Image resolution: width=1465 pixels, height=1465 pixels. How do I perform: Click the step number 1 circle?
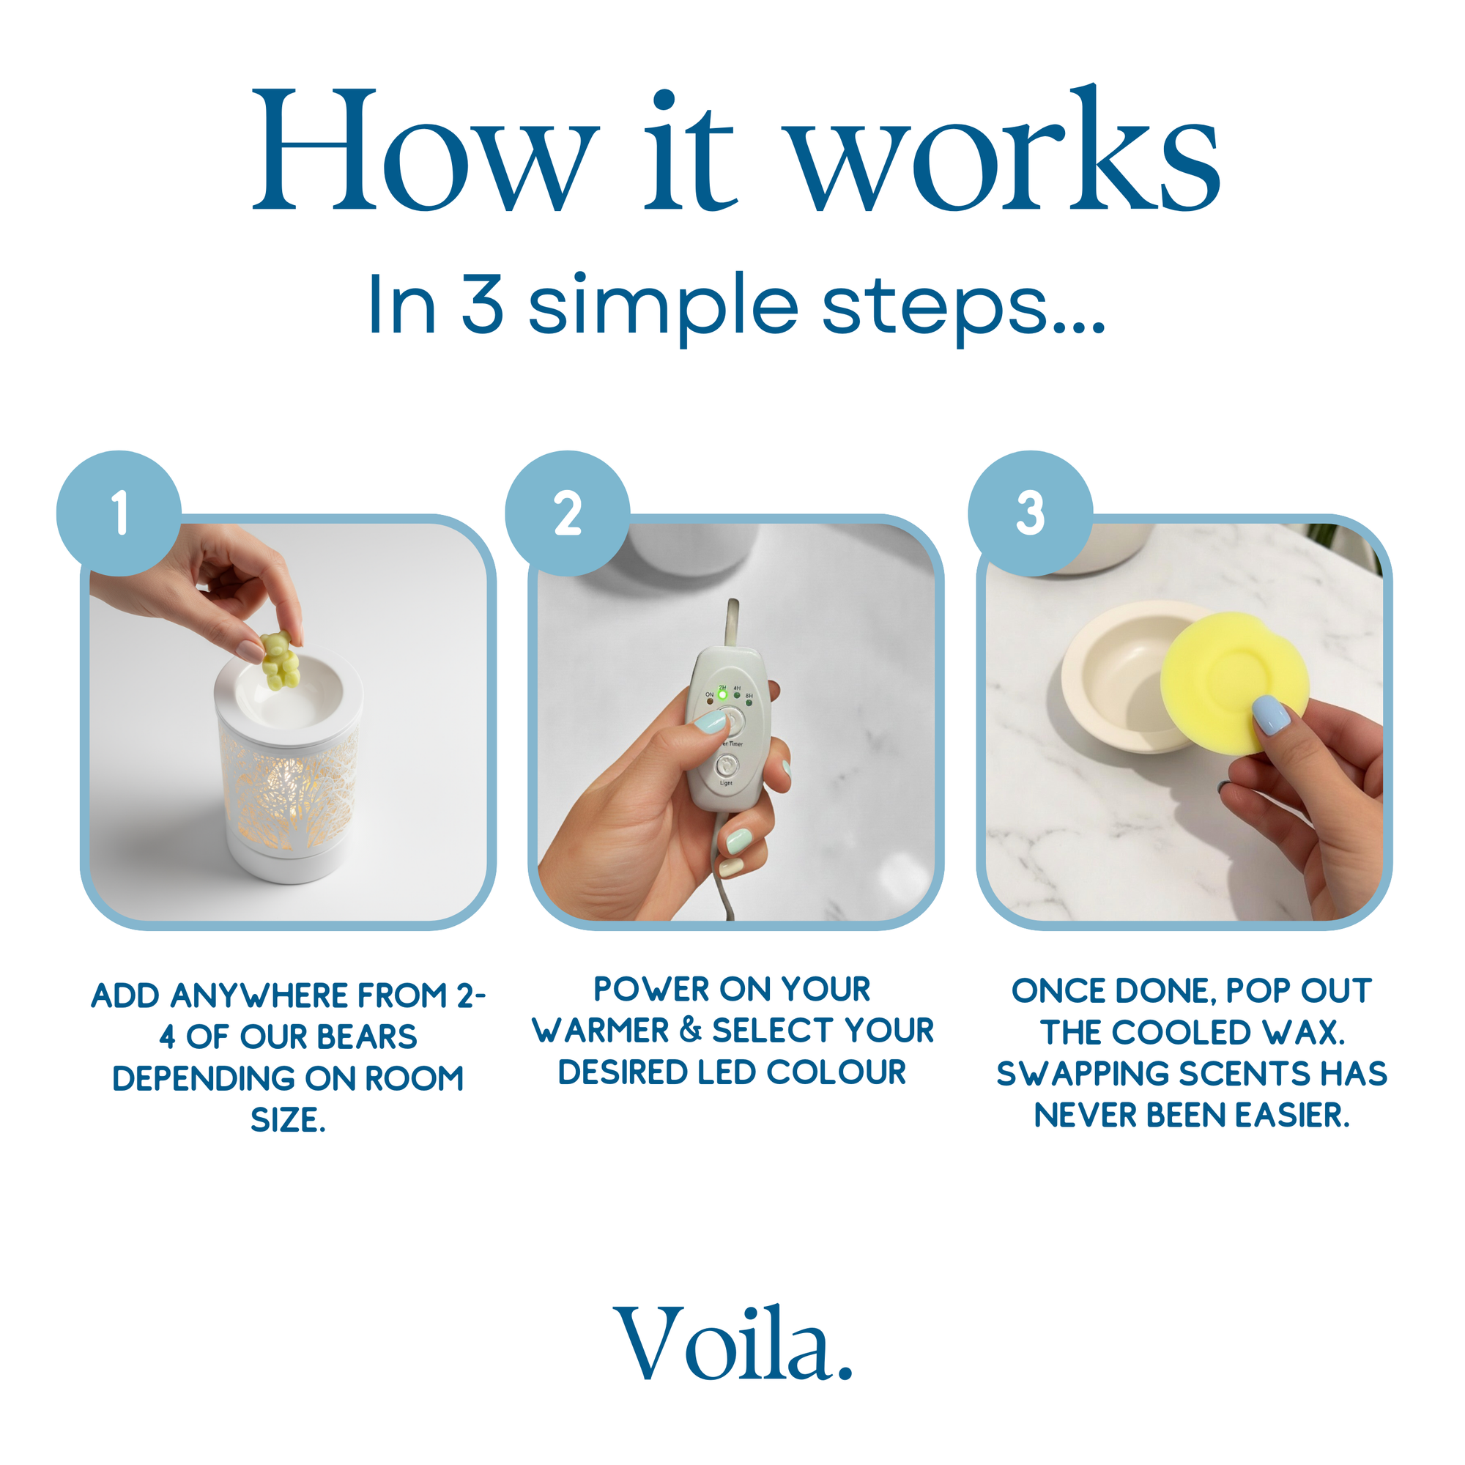tap(119, 513)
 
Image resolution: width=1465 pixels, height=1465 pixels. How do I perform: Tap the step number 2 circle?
tap(567, 513)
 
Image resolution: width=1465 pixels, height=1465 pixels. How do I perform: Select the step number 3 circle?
tap(1030, 513)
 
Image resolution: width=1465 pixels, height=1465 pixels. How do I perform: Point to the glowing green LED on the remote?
tap(723, 694)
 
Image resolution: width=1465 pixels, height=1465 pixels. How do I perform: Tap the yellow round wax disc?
tap(1234, 683)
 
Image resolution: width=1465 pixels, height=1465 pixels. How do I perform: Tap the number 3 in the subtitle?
tap(482, 303)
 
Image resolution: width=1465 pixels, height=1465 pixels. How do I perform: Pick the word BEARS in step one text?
tap(366, 1036)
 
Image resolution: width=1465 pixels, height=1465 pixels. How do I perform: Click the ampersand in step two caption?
tap(691, 1030)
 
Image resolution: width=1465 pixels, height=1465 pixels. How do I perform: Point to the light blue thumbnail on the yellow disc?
tap(1272, 714)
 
